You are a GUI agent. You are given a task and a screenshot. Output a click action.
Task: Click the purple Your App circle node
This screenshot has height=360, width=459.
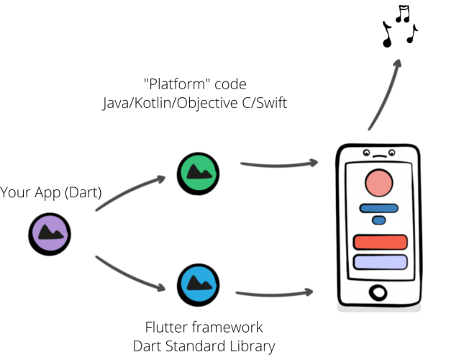tap(49, 231)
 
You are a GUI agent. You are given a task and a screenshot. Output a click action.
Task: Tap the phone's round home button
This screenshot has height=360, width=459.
tap(377, 292)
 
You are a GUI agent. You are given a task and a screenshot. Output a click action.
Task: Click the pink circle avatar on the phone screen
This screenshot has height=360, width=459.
tap(378, 185)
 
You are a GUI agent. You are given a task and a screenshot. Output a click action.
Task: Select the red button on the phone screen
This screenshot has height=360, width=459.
tap(381, 242)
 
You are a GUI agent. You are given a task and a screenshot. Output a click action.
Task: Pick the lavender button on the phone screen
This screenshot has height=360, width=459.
tap(381, 262)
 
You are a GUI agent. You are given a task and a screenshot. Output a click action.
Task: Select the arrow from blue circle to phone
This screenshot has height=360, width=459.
tap(273, 293)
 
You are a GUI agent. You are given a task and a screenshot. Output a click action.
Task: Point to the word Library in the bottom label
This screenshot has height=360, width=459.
tap(253, 346)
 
